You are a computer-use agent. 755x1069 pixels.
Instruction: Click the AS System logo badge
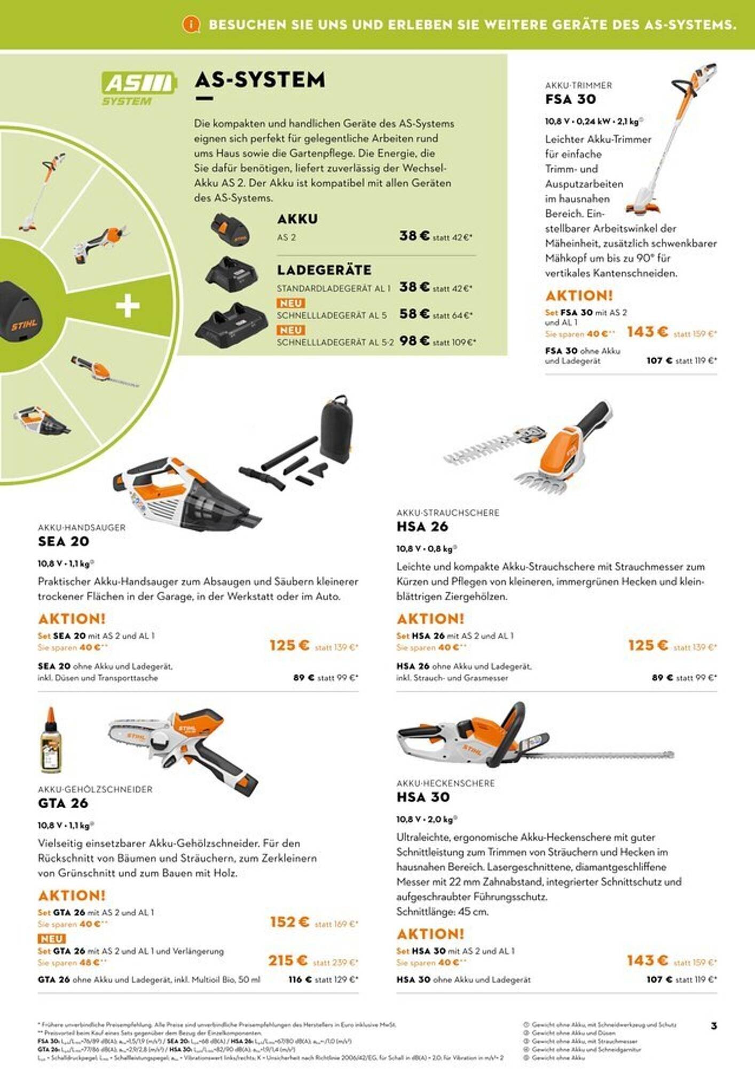pos(138,89)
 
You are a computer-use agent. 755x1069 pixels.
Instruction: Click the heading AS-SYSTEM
pos(259,80)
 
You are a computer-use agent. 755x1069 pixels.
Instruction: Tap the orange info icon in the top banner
pos(191,24)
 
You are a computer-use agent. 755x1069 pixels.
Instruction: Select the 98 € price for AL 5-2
pos(414,340)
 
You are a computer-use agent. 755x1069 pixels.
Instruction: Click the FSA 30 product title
pos(570,99)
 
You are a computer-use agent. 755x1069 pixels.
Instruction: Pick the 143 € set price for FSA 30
pos(647,332)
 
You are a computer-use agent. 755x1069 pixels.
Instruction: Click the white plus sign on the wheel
pos(128,306)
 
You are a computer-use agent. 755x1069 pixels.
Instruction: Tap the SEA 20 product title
pos(64,541)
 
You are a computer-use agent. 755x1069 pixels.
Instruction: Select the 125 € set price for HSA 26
pos(648,646)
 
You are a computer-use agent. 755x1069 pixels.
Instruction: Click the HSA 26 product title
pos(422,527)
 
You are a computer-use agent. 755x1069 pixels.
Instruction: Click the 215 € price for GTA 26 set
pos(288,961)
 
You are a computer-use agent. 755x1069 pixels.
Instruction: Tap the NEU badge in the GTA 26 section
pos(51,939)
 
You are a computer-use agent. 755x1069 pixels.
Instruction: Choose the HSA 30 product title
pos(422,797)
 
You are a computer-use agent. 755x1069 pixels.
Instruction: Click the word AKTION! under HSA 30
pos(430,934)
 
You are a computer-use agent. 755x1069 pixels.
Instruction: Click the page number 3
pos(714,1026)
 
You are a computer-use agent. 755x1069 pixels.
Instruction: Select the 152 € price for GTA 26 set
pos(289,922)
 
